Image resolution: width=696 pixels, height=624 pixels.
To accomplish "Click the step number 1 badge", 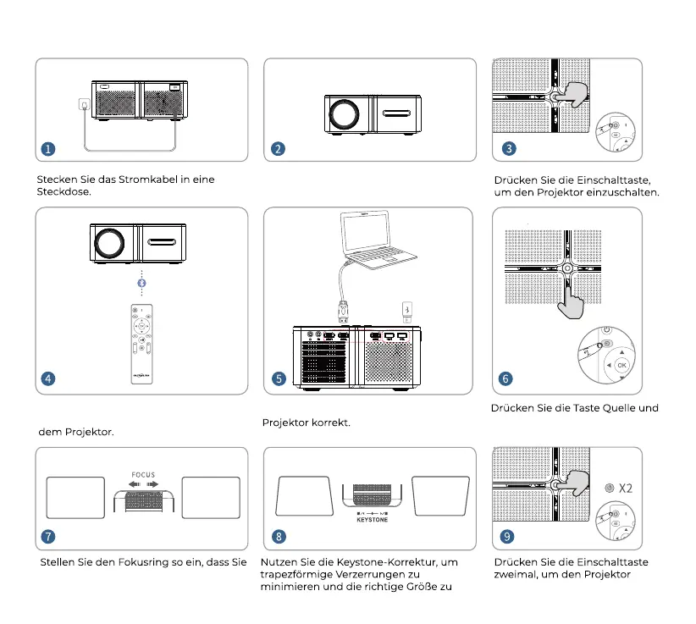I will coord(48,149).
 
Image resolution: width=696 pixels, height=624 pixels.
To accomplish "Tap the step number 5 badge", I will coord(279,378).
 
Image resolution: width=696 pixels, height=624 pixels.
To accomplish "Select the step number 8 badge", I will coord(279,537).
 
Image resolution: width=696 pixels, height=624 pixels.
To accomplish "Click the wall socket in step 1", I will coord(84,105).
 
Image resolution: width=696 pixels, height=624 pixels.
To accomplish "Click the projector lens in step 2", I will coord(344,113).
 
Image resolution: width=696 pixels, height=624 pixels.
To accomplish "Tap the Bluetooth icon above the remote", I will coord(142,282).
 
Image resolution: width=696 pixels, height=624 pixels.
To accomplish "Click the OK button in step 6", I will coord(622,366).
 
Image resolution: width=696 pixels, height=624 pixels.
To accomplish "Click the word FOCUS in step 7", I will coord(143,475).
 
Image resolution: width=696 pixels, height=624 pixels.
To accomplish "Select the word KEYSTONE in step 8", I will coord(372,520).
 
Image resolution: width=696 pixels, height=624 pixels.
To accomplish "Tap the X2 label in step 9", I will coord(626,488).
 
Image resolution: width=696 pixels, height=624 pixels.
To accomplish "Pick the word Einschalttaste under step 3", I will coord(612,179).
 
